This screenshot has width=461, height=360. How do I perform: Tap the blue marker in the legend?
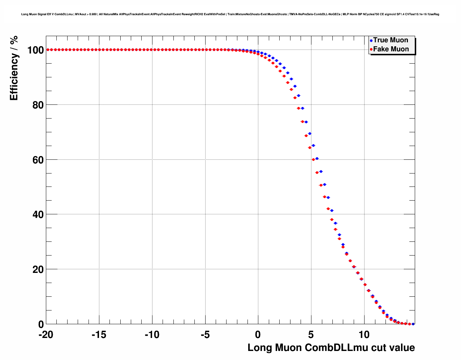371,41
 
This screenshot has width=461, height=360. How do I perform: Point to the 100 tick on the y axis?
35,50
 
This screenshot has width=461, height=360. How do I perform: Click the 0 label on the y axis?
41,325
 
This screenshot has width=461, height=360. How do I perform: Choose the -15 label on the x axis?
99,335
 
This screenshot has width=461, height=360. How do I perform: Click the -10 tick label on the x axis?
152,335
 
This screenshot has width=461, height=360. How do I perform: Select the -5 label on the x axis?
205,335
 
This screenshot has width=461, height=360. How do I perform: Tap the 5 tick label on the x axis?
311,335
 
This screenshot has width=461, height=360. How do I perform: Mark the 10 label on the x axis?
364,335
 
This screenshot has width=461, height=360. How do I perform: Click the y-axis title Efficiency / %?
14,68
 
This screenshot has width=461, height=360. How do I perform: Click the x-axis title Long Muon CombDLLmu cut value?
331,348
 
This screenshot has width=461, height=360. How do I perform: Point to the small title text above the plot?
230,14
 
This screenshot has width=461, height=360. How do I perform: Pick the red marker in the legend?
371,50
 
